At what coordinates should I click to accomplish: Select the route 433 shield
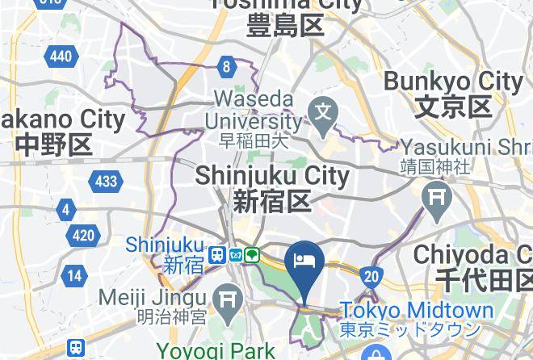point(106,182)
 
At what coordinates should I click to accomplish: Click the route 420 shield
point(83,236)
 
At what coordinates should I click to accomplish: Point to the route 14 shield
point(74,275)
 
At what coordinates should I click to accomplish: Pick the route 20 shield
point(371,275)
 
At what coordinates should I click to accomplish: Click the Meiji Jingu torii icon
point(229,298)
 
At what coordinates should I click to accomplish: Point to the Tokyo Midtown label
point(416,311)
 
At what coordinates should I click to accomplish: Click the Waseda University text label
point(254,111)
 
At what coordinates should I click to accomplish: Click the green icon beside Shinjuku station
point(253,256)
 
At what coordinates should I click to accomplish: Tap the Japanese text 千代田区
point(483,281)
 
